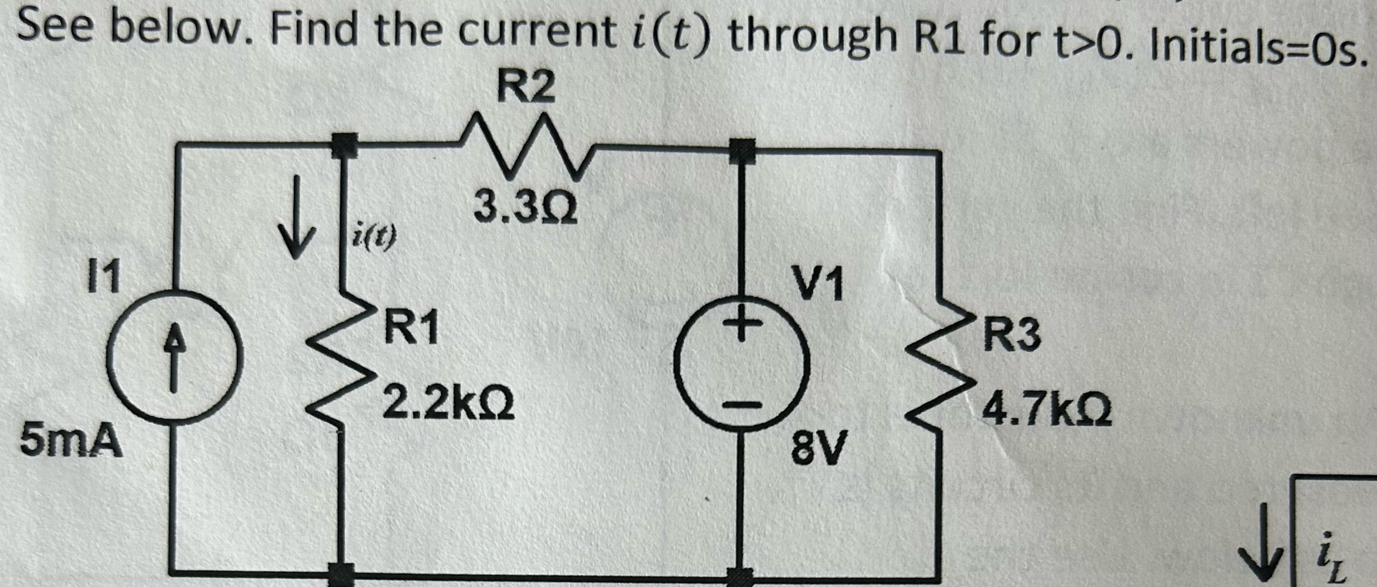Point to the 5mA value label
(71, 441)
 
